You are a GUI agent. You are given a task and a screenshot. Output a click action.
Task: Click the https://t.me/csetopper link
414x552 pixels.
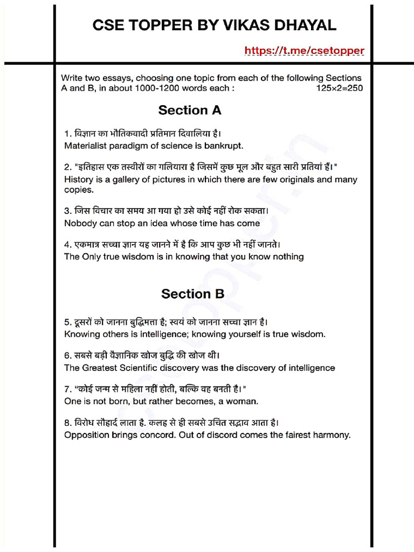coord(305,51)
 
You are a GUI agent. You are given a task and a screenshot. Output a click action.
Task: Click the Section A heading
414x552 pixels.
coord(190,111)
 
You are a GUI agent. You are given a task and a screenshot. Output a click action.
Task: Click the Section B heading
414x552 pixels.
coord(192,294)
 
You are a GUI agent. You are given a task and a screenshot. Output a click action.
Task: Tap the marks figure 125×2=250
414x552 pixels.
coord(340,88)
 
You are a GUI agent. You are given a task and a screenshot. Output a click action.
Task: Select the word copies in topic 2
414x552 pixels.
coord(79,190)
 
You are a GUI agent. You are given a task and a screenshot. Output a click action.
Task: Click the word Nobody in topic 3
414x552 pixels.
coord(80,223)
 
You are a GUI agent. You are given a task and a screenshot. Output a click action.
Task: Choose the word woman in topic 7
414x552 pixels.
coord(241,402)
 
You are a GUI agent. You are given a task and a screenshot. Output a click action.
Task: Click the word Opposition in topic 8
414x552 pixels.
coord(87,435)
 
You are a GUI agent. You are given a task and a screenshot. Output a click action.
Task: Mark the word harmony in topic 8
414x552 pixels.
coord(329,435)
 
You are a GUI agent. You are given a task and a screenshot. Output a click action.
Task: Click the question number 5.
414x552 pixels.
coord(67,322)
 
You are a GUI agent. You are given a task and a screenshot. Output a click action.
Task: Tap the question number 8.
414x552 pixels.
coord(67,423)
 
